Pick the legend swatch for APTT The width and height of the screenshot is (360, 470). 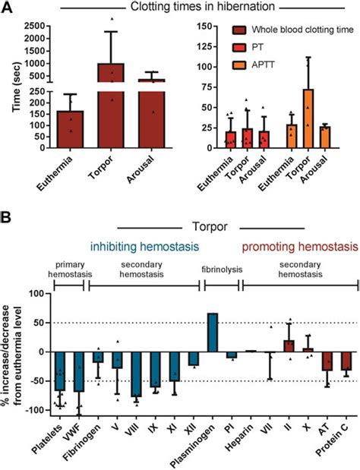click(240, 66)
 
